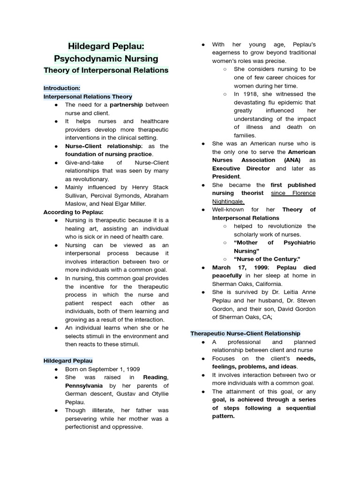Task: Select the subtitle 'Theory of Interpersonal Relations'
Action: (x=105, y=70)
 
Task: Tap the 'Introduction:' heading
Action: (x=62, y=88)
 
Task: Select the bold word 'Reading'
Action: (x=155, y=377)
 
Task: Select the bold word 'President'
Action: (x=226, y=176)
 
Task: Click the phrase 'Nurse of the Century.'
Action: (x=267, y=259)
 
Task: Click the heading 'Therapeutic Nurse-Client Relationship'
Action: (x=245, y=333)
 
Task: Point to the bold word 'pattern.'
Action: (x=223, y=416)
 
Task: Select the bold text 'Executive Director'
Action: (x=241, y=168)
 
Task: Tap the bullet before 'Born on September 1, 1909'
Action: (x=56, y=369)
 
